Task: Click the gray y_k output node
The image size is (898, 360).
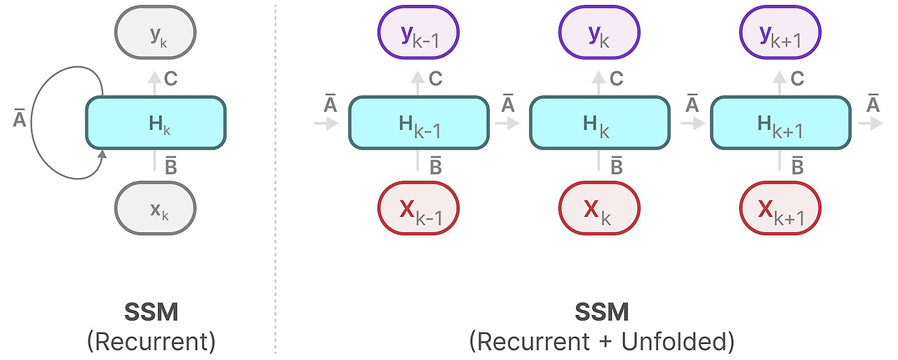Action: coord(155,33)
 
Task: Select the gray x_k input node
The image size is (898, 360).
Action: coord(155,208)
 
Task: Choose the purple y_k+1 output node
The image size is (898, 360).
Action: coord(780,33)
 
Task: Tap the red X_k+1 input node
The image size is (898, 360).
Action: coord(780,208)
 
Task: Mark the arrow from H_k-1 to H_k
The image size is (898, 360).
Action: coord(507,123)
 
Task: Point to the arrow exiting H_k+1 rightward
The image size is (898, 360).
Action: coord(870,123)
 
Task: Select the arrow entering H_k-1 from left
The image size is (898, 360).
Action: coord(326,123)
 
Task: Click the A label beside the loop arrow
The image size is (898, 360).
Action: coord(20,120)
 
